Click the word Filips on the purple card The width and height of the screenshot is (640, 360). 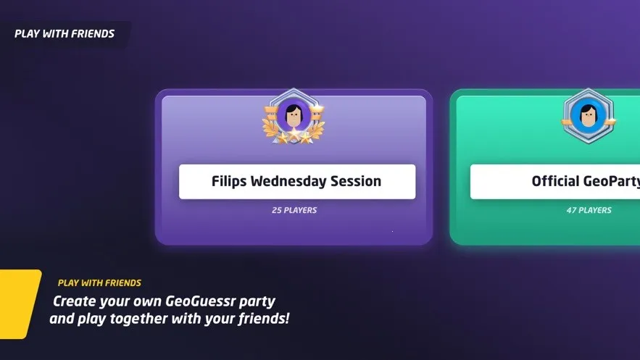point(228,181)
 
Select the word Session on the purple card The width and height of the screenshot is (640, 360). point(355,181)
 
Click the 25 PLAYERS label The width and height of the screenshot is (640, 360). point(294,210)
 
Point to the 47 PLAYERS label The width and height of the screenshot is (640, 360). point(589,210)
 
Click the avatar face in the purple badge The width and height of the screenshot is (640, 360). point(294,116)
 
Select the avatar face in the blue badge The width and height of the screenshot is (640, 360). point(588,116)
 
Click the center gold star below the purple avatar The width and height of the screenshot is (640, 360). point(294,133)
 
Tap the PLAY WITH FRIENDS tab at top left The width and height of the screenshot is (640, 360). point(65,34)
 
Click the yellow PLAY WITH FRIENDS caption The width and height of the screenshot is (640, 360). point(99,283)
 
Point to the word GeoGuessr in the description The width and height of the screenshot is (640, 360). point(201,301)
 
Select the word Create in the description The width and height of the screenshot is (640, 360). point(74,301)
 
